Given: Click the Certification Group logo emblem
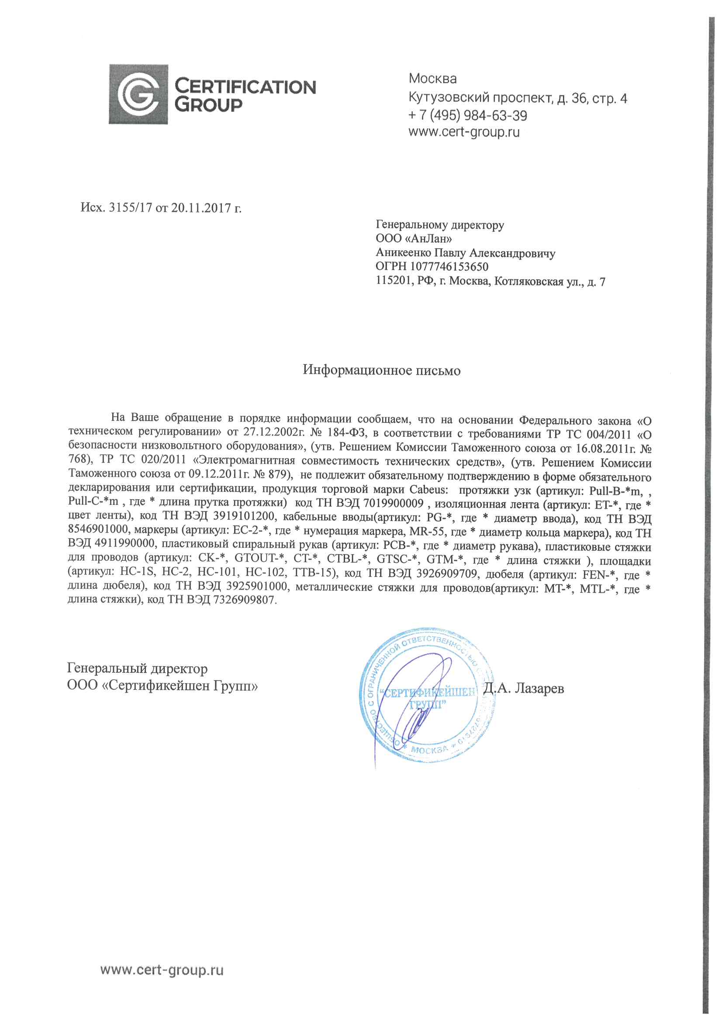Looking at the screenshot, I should pos(138,94).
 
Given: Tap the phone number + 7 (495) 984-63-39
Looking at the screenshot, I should pos(467,116).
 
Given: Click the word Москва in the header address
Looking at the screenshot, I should pos(432,79).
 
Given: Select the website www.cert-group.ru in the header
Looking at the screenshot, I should pos(464,132).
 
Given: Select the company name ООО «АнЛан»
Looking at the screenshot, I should pos(414,239).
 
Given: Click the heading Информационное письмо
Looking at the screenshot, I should pos(381,370).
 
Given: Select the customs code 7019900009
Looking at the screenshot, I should pos(393,504).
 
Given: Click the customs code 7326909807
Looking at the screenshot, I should pos(244,600).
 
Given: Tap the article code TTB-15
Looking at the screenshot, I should pos(313,573).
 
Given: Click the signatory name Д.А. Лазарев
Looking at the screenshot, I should pos(524,688).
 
